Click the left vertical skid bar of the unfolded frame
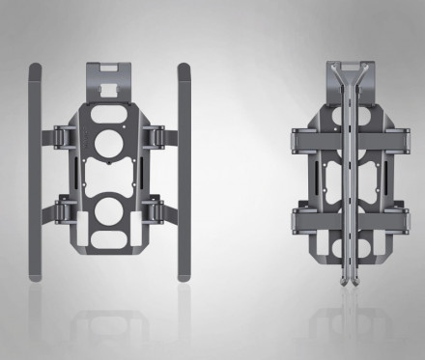tap(36, 174)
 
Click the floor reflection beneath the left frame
tap(108, 323)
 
